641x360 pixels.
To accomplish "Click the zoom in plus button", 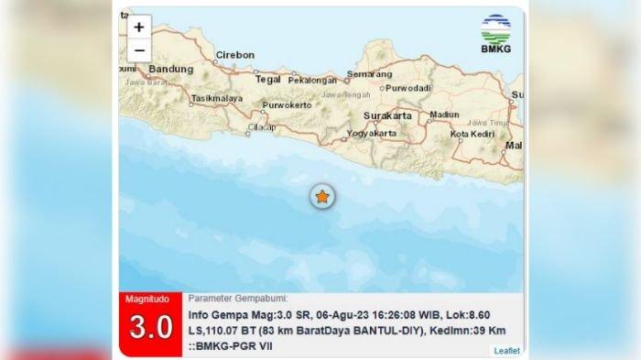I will pos(139,28).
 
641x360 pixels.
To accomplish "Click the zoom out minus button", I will pos(139,50).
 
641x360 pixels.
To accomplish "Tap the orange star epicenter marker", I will pos(321,195).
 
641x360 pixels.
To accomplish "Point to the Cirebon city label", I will pos(234,55).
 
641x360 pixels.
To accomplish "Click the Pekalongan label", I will pos(313,80).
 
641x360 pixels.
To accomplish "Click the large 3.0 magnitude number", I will pos(151,328).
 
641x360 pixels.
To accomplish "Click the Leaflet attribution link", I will pos(506,350).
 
